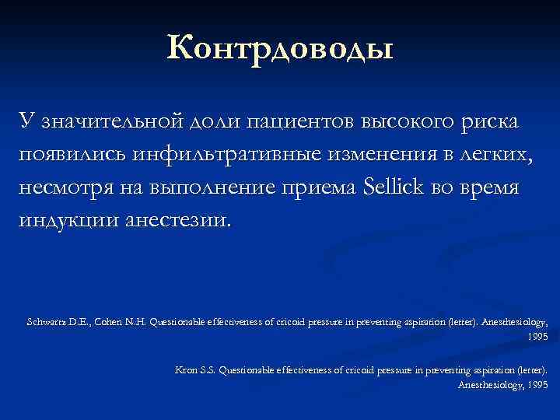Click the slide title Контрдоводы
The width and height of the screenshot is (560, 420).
point(280,49)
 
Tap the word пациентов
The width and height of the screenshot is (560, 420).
point(298,123)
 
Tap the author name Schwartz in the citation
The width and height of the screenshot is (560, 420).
point(46,321)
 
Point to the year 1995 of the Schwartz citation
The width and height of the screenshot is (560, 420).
point(537,337)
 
